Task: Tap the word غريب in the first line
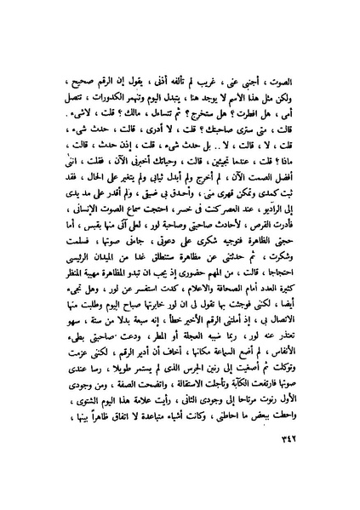(x=216, y=82)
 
